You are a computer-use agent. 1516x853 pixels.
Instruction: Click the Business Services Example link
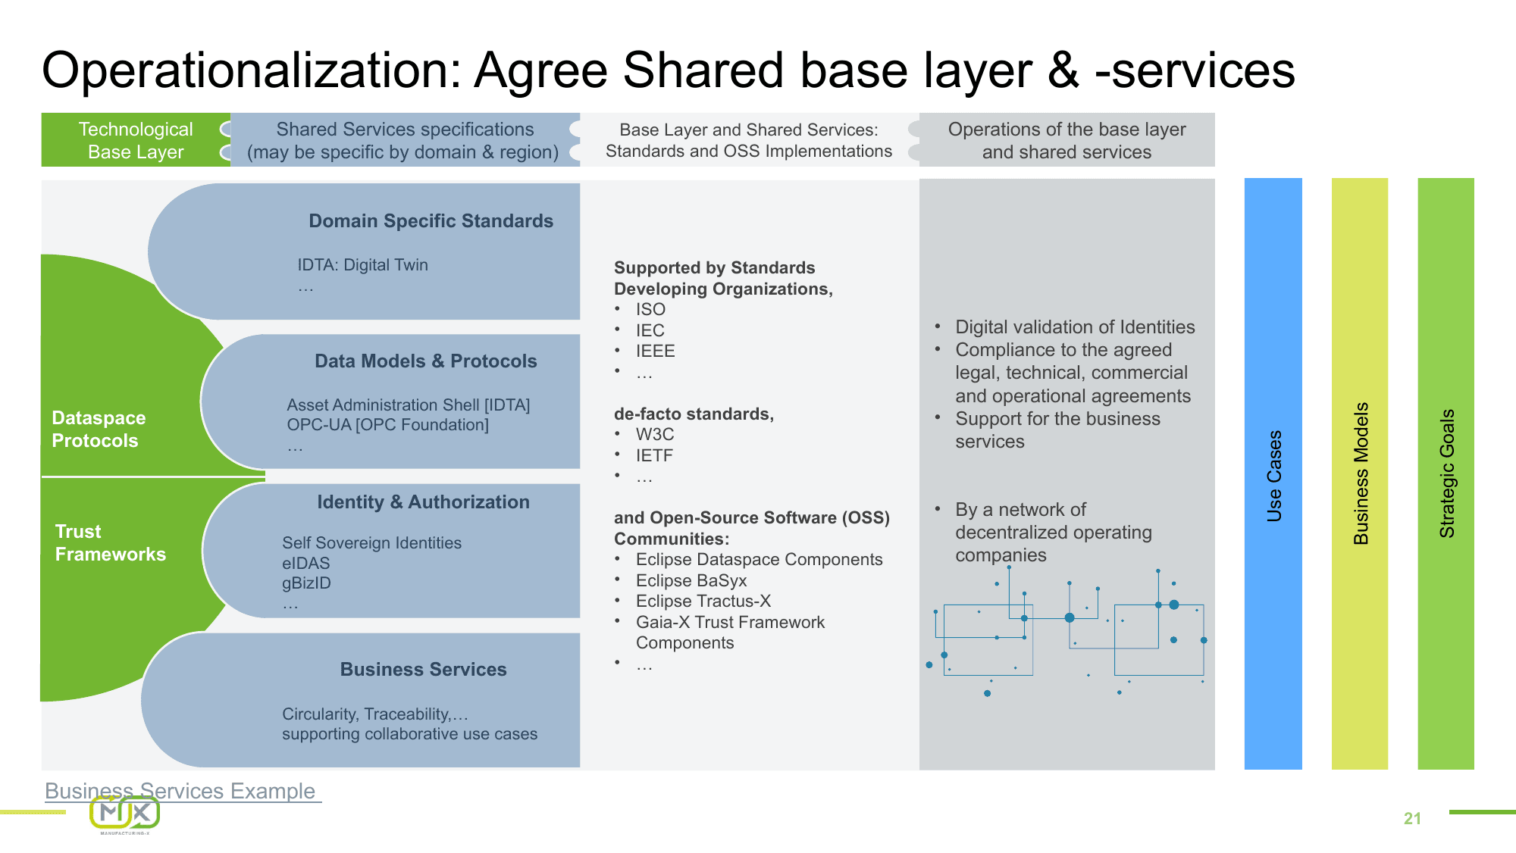(180, 791)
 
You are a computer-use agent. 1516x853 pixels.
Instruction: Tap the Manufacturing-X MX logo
(125, 814)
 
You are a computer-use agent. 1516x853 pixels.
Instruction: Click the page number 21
(1412, 818)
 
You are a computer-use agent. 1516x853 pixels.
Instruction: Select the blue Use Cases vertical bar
(1273, 474)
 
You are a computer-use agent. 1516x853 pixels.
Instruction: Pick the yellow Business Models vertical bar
(1360, 474)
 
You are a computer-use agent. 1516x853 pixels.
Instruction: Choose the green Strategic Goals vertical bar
(1446, 474)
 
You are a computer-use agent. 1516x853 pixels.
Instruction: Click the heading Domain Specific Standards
(431, 221)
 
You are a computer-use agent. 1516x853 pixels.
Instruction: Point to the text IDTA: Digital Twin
(362, 265)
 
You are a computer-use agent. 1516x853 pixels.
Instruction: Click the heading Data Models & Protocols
(425, 361)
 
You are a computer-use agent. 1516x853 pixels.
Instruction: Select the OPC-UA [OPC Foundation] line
(387, 425)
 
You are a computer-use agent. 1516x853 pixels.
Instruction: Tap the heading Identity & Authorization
(423, 502)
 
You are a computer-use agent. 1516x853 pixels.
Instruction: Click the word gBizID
(306, 583)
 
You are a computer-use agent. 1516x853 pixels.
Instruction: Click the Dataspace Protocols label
(98, 430)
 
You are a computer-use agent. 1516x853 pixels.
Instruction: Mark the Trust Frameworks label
(110, 543)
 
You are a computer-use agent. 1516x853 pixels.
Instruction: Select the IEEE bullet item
(655, 352)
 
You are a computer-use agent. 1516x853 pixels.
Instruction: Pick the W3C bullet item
(654, 435)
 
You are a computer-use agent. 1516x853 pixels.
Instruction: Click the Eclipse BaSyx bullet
(691, 581)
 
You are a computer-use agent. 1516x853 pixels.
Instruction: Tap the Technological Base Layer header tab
(136, 140)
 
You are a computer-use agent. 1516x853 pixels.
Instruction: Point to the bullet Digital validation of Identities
(1074, 327)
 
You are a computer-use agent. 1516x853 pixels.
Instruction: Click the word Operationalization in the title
(251, 70)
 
